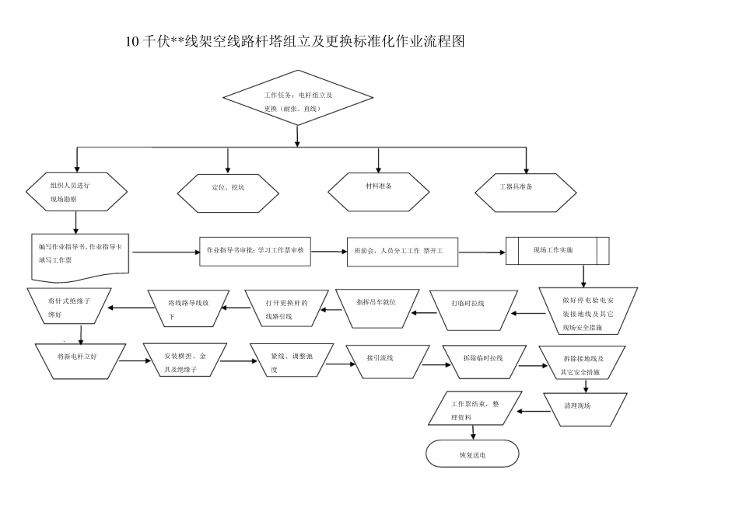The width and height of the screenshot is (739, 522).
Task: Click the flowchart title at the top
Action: click(295, 42)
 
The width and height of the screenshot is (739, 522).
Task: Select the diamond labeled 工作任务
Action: click(298, 102)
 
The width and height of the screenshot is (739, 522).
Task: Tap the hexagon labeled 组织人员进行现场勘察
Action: click(75, 192)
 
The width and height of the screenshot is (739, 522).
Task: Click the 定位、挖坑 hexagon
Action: click(227, 188)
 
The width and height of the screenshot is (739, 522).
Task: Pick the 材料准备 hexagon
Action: click(379, 187)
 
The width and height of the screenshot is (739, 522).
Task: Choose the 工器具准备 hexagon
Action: click(527, 187)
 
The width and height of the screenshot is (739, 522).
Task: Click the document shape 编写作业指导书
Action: click(80, 254)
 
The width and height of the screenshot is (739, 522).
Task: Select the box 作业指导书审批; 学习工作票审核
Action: click(256, 251)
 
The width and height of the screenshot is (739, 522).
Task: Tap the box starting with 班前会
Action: click(403, 252)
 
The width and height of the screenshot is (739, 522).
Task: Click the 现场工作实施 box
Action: click(557, 250)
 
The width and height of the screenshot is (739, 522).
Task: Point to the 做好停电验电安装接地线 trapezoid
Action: click(588, 311)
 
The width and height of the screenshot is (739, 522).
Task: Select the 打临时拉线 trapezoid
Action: click(473, 308)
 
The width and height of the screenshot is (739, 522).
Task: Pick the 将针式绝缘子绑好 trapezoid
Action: click(69, 308)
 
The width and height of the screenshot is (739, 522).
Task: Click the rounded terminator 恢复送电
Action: click(472, 454)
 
